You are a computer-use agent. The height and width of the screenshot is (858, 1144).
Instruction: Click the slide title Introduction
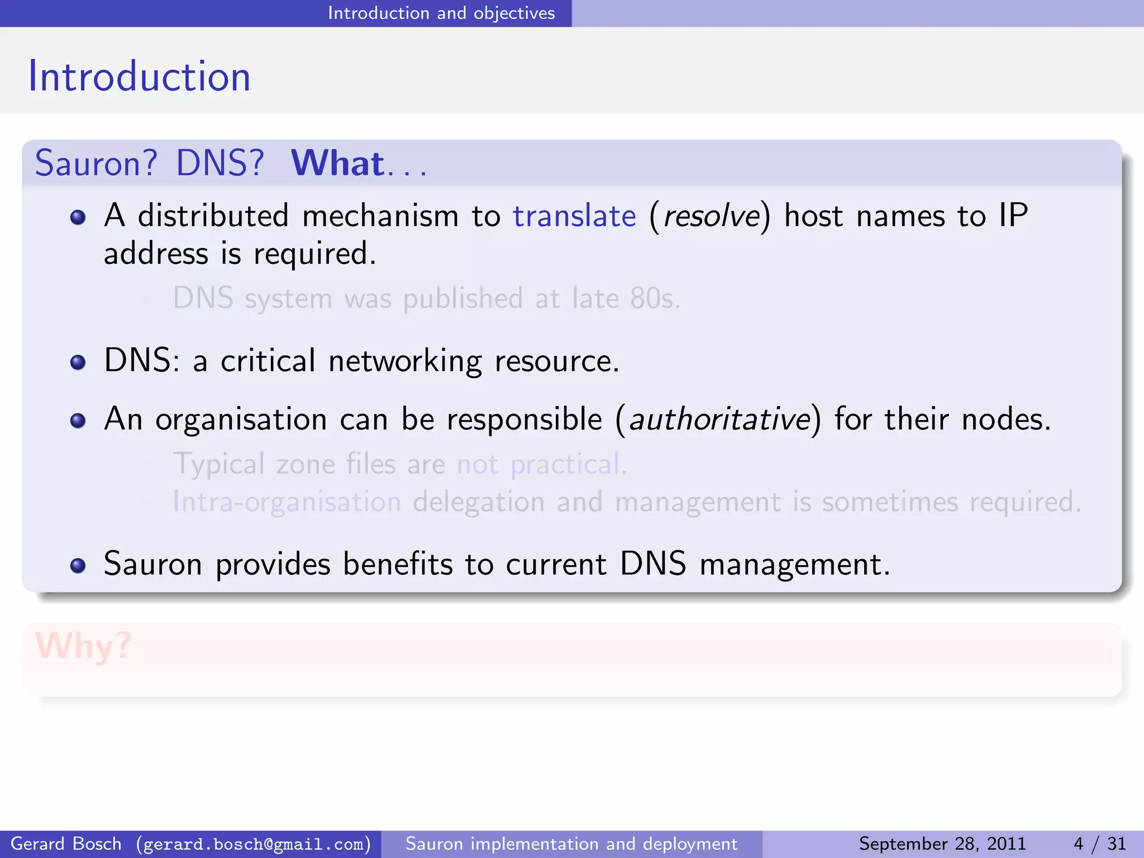pyautogui.click(x=139, y=77)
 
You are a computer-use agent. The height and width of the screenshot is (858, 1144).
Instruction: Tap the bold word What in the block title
pyautogui.click(x=337, y=163)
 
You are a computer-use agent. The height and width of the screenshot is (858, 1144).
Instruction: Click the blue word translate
pyautogui.click(x=574, y=216)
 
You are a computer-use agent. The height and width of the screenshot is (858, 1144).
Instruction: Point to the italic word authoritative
pyautogui.click(x=719, y=419)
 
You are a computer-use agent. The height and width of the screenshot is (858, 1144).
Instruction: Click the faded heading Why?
pyautogui.click(x=83, y=646)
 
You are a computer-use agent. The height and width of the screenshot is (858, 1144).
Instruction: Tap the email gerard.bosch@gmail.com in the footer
pyautogui.click(x=254, y=843)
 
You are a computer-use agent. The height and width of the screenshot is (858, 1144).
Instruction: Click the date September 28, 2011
pyautogui.click(x=942, y=843)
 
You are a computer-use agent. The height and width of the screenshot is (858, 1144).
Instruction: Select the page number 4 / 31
pyautogui.click(x=1099, y=843)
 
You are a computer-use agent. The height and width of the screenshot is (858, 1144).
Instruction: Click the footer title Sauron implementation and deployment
pyautogui.click(x=571, y=843)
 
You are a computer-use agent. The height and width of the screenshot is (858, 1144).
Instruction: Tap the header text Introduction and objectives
pyautogui.click(x=441, y=13)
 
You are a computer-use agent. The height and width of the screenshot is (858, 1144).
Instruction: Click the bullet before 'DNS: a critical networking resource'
pyautogui.click(x=78, y=363)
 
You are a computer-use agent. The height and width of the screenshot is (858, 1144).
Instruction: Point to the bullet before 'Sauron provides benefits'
pyautogui.click(x=78, y=565)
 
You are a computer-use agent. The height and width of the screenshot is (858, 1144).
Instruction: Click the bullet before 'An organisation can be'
pyautogui.click(x=78, y=421)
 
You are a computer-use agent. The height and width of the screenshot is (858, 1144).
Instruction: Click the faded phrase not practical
pyautogui.click(x=541, y=464)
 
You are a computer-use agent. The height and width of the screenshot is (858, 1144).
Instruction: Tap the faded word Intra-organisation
pyautogui.click(x=287, y=502)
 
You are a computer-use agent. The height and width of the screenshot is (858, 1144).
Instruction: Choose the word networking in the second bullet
pyautogui.click(x=405, y=361)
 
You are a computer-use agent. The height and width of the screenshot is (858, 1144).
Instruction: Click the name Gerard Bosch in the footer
pyautogui.click(x=66, y=843)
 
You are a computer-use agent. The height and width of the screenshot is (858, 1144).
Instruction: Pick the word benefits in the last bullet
pyautogui.click(x=397, y=564)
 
